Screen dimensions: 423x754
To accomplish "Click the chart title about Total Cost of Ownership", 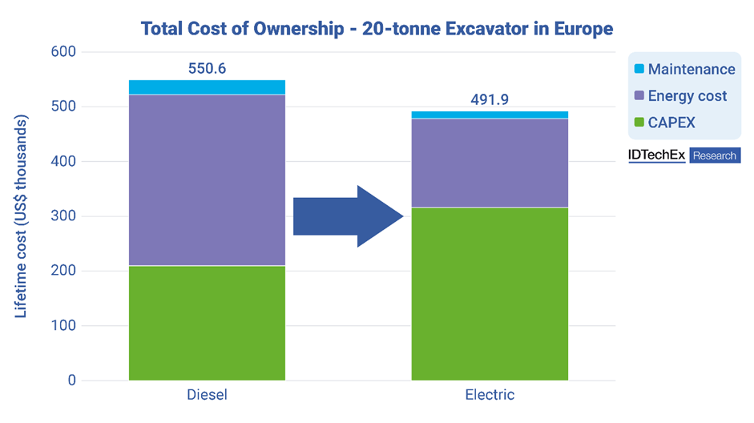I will coord(377,29).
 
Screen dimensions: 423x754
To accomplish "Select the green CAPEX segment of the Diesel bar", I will coord(207,322).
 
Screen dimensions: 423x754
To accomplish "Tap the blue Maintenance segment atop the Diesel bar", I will coord(207,87).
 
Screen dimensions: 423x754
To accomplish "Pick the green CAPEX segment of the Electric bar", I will coord(490,293).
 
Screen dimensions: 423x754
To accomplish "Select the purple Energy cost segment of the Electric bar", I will coord(490,163).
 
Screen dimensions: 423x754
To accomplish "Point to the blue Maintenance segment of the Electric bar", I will coord(490,115).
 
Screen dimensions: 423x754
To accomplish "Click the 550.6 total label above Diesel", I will coord(207,68).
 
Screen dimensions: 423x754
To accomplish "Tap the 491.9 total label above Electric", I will coord(490,99).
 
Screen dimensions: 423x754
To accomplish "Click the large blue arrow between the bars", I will coord(347,216).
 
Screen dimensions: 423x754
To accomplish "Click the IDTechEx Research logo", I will coord(683,155).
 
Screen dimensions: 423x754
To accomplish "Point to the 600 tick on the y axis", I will coord(63,52).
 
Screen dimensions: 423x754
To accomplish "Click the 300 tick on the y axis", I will coord(63,216).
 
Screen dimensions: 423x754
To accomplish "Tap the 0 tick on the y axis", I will coord(71,381).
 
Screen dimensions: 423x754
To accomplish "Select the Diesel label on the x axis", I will coord(207,395).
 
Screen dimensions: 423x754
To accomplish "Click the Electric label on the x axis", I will coord(490,395).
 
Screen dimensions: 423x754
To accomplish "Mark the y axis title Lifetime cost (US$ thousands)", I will coord(21,216).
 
